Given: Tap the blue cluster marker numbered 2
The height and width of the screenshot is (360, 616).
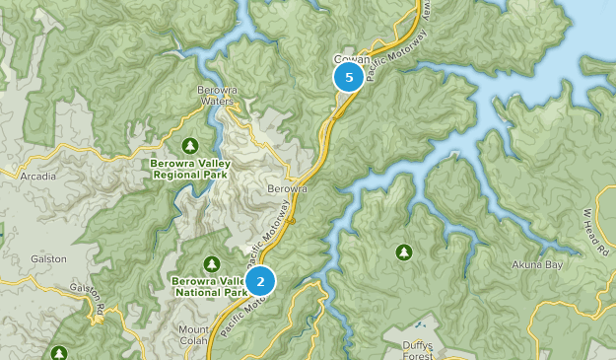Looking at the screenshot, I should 260,282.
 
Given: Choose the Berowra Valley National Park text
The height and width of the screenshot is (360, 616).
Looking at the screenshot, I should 209,286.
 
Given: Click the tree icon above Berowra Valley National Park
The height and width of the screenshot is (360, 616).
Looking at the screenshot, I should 211,263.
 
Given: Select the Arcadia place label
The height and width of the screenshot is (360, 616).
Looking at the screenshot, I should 38,177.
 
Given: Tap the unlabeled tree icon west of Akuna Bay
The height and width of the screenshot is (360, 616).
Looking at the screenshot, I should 404,252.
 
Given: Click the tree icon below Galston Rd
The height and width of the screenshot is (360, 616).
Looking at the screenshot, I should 59,351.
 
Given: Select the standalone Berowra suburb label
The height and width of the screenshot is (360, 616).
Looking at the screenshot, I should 288,188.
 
